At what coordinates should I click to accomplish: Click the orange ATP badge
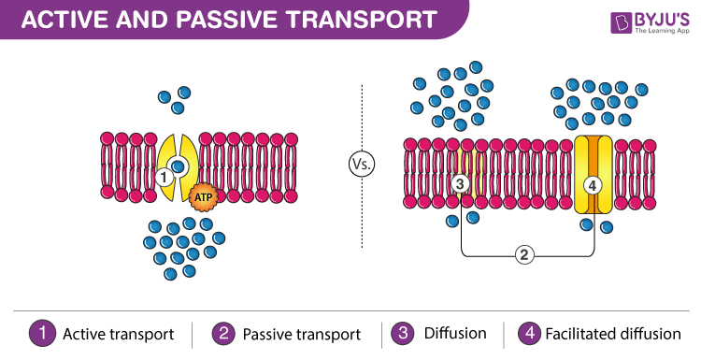203,197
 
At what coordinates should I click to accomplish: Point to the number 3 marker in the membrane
460,183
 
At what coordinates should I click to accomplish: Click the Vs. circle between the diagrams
362,165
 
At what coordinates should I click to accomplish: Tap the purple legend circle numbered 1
42,333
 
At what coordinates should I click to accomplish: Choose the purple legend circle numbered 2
222,333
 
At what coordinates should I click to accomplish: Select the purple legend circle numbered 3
400,333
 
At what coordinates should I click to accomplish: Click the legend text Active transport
118,334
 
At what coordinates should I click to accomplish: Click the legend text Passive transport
301,334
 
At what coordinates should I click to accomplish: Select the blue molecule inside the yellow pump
176,166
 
